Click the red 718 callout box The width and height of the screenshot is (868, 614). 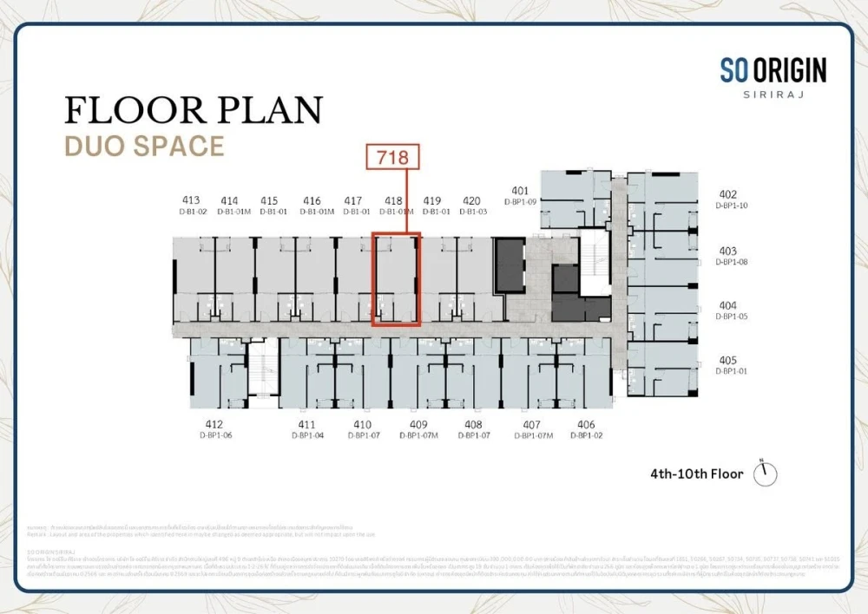click(x=391, y=157)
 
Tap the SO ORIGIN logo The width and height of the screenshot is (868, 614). click(x=773, y=70)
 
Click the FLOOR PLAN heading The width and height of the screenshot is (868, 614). click(x=194, y=110)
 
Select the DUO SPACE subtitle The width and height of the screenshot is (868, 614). click(x=144, y=146)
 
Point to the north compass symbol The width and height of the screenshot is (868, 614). click(x=765, y=474)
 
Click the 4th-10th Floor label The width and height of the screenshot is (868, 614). click(x=696, y=474)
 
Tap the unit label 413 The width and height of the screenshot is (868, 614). click(x=192, y=200)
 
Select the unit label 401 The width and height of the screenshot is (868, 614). click(x=520, y=191)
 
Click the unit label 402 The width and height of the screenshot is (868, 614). click(x=727, y=195)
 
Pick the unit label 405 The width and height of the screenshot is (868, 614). click(x=727, y=361)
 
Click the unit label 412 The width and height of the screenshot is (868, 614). click(x=214, y=424)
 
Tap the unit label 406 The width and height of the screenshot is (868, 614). click(x=586, y=424)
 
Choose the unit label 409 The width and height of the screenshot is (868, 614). click(x=418, y=424)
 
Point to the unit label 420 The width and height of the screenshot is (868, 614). click(x=471, y=200)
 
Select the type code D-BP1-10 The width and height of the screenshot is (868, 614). click(x=731, y=206)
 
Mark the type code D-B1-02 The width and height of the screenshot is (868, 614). click(x=192, y=211)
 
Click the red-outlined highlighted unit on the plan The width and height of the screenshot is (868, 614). click(x=396, y=279)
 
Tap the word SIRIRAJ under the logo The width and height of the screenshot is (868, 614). click(x=773, y=94)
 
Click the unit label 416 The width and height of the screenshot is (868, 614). click(x=312, y=200)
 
